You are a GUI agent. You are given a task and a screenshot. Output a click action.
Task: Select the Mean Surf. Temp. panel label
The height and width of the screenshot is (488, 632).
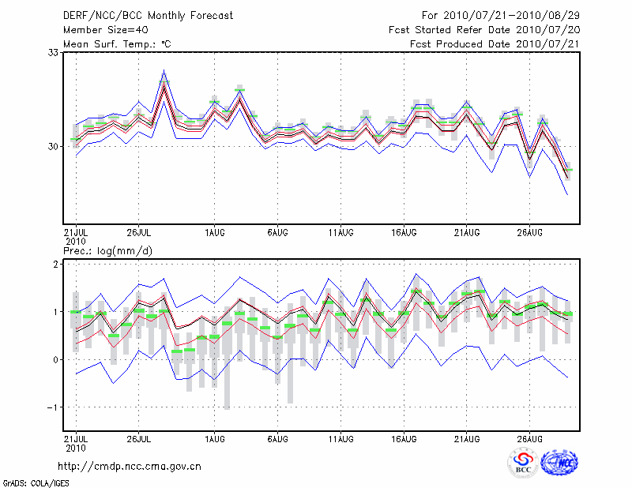pyautogui.click(x=117, y=43)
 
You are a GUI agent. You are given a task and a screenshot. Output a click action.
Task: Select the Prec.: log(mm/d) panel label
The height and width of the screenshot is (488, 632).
pyautogui.click(x=107, y=250)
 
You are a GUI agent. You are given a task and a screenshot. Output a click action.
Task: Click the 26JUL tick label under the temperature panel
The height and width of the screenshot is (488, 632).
pyautogui.click(x=139, y=233)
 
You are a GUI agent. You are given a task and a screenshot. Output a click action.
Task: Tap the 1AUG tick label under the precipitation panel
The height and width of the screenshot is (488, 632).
pyautogui.click(x=214, y=438)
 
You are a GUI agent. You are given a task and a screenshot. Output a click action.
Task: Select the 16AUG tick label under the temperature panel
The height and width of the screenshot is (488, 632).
pyautogui.click(x=404, y=233)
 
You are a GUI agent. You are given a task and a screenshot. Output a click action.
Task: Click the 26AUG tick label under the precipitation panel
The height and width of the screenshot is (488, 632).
pyautogui.click(x=530, y=438)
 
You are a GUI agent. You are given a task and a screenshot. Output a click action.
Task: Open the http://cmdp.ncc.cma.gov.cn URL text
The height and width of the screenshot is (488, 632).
pyautogui.click(x=130, y=466)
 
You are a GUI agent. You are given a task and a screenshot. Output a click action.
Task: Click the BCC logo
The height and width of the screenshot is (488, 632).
pyautogui.click(x=523, y=464)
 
